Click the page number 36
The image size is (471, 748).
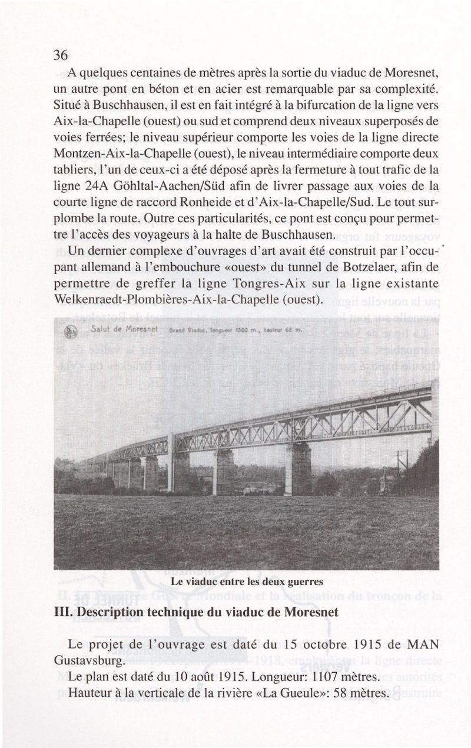coord(61,55)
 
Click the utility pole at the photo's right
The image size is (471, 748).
coord(402,470)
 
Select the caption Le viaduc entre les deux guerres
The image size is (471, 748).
coord(247,582)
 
